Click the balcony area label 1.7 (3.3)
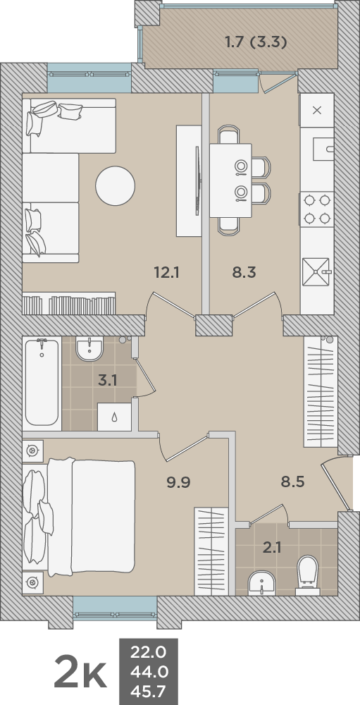[256, 42]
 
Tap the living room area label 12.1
[167, 271]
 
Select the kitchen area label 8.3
[244, 271]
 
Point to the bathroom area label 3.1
[107, 381]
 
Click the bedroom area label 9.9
[178, 483]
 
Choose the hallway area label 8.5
[292, 483]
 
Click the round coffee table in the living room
[115, 185]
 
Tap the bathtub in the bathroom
[42, 382]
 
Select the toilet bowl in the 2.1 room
[308, 571]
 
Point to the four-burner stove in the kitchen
[316, 209]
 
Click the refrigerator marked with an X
[316, 110]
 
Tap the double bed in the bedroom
[79, 516]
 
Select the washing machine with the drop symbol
[114, 417]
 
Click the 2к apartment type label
[80, 674]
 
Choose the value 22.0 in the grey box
[148, 651]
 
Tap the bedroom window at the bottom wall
[115, 606]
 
